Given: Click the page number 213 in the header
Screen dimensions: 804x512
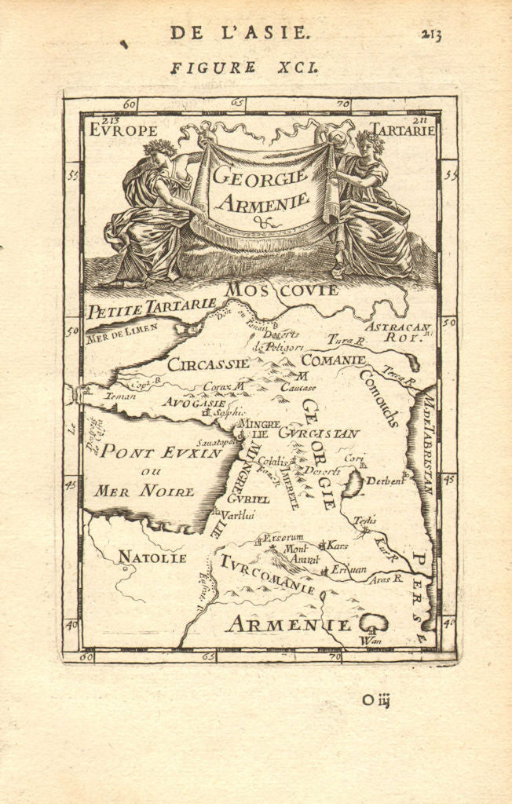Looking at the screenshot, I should point(430,34).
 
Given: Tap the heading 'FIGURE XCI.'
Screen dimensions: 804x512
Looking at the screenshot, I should point(244,68).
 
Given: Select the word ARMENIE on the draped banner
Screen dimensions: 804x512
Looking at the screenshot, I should point(262,202).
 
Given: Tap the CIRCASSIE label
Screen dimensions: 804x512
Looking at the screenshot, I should point(208,364).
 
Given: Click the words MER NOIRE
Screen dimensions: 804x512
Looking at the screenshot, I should point(144,492).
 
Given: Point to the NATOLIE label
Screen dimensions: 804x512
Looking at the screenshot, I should point(152,557).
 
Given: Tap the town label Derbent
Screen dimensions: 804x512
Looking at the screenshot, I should point(385,481).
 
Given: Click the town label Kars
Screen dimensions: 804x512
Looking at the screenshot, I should point(337,544).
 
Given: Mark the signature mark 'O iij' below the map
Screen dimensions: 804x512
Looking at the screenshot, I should point(376,700).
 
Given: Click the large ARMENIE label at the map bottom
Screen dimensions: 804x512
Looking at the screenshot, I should point(288,625).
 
